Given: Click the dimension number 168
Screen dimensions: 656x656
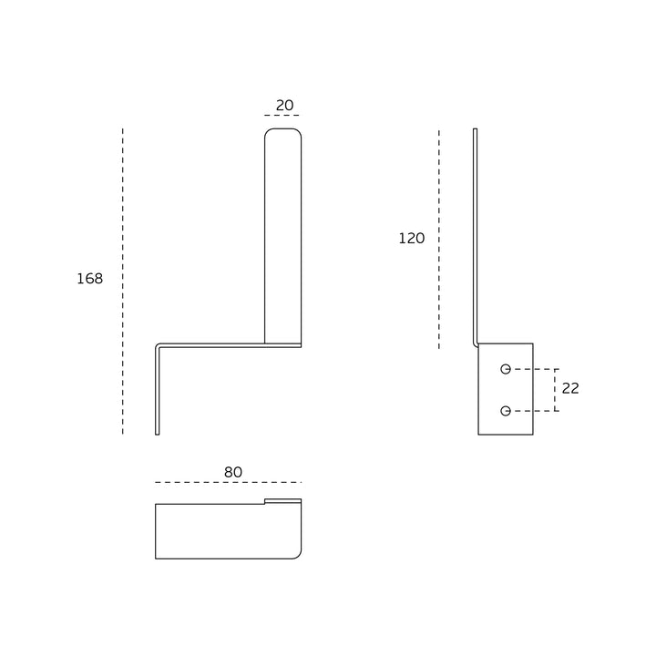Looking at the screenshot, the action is [90, 278].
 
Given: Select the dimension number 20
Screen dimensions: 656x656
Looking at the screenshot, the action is [284, 105].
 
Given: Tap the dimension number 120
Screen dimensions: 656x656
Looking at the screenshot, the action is [412, 238].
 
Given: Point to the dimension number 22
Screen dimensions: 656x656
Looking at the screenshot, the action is [570, 388].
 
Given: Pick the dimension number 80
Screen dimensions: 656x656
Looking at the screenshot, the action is [233, 472].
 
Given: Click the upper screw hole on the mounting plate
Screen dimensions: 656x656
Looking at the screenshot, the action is [506, 369].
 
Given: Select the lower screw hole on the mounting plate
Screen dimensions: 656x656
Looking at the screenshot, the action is [506, 411].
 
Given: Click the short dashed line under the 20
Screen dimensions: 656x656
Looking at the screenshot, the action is [282, 115].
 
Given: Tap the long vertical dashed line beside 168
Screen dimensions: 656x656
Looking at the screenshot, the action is [123, 282].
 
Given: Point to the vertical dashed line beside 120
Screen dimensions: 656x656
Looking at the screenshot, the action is [439, 239].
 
